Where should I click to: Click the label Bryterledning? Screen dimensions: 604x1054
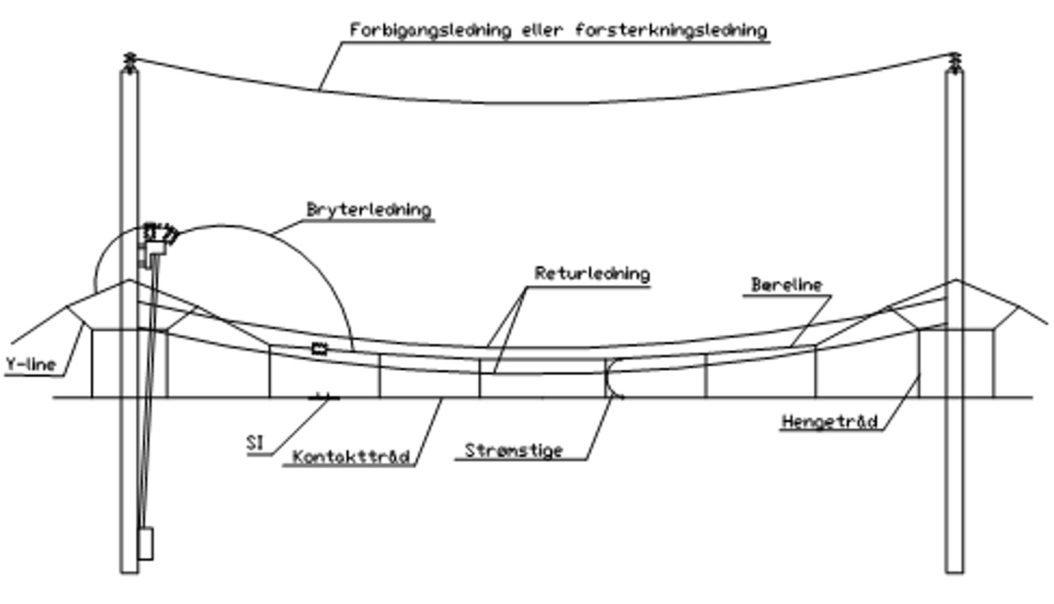368,209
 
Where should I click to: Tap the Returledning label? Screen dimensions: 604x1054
592,273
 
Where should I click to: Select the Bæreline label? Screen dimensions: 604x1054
787,285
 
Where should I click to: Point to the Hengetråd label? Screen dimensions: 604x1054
829,421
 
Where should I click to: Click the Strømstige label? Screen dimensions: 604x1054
514,451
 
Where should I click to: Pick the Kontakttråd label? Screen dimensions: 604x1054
350,456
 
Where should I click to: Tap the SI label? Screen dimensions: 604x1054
255,443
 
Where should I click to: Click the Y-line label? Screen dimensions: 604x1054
30,364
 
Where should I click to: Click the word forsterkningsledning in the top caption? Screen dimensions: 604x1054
671,30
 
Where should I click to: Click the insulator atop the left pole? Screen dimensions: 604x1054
129,61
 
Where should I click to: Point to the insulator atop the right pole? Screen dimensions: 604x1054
955,61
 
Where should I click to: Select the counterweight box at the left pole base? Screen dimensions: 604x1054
146,543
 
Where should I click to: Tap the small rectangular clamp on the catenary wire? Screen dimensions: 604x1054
319,348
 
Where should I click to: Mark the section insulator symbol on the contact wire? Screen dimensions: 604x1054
323,397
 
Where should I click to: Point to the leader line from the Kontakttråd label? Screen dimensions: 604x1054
428,431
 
